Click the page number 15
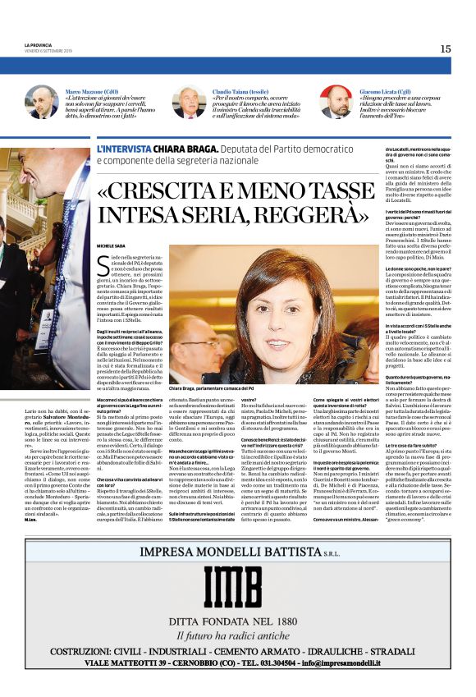click(445, 48)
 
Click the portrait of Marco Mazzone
click(41, 103)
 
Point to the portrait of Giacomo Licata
click(335, 103)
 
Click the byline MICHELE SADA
click(112, 245)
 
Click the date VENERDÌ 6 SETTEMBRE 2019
click(50, 51)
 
